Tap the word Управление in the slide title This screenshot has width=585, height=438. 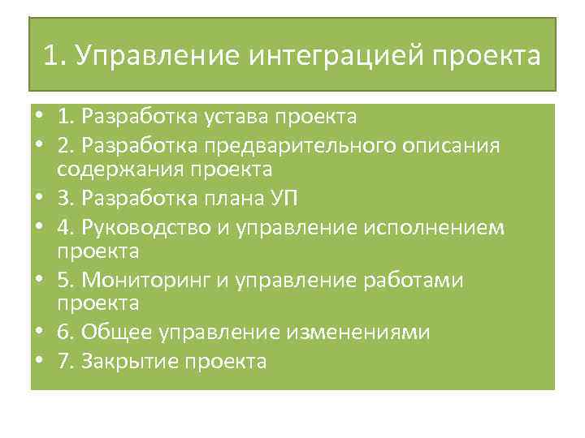click(152, 56)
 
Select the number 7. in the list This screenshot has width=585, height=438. click(66, 361)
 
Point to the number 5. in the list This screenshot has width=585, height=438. click(66, 280)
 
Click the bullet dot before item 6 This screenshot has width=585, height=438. click(39, 333)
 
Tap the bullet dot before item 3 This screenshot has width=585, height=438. click(39, 198)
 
